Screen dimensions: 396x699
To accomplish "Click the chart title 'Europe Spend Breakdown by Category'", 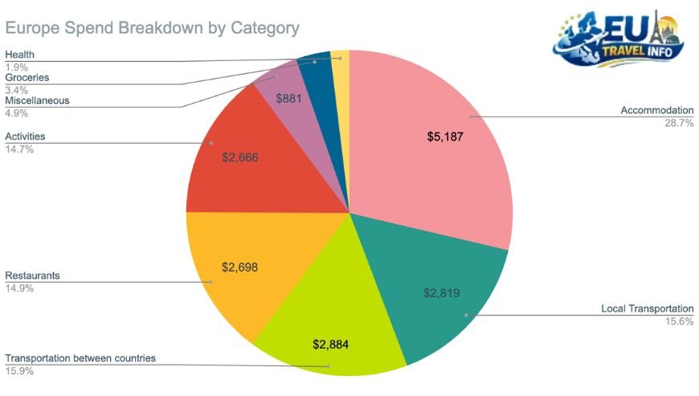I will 153,28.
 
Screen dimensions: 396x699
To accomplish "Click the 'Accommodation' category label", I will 656,110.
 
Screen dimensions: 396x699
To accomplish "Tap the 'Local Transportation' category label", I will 647,309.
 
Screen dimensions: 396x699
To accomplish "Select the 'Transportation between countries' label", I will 80,358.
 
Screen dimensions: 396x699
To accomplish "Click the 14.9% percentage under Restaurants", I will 19,288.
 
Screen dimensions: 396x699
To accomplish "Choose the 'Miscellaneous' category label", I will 37,100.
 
